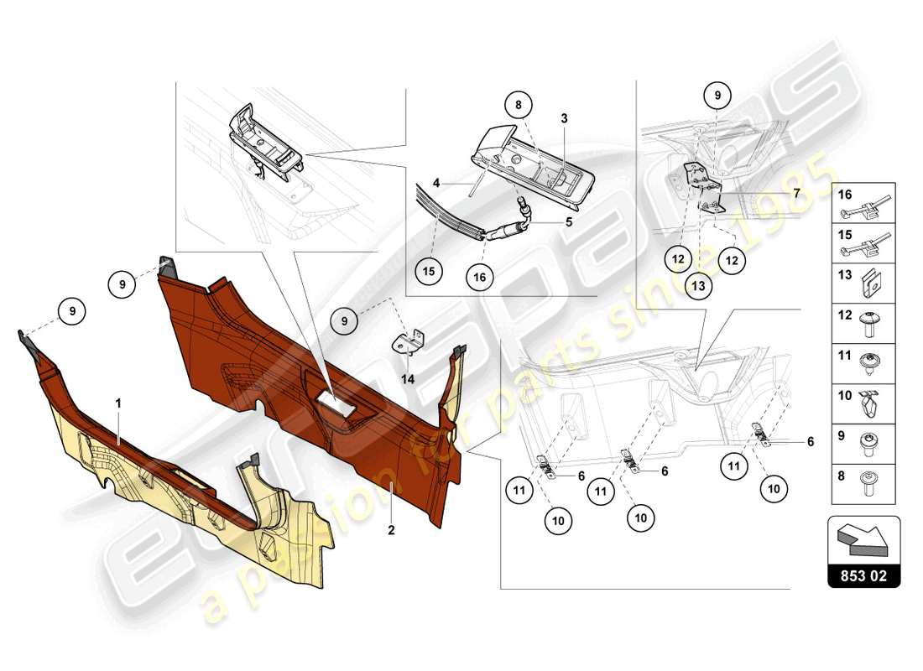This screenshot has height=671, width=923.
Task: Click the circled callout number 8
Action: click(x=519, y=107)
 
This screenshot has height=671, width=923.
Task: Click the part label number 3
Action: click(x=565, y=119)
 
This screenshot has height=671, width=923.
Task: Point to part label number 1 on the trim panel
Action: click(x=118, y=403)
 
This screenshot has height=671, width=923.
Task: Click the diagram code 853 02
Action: click(x=864, y=576)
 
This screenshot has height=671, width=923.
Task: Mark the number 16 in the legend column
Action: click(x=845, y=194)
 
